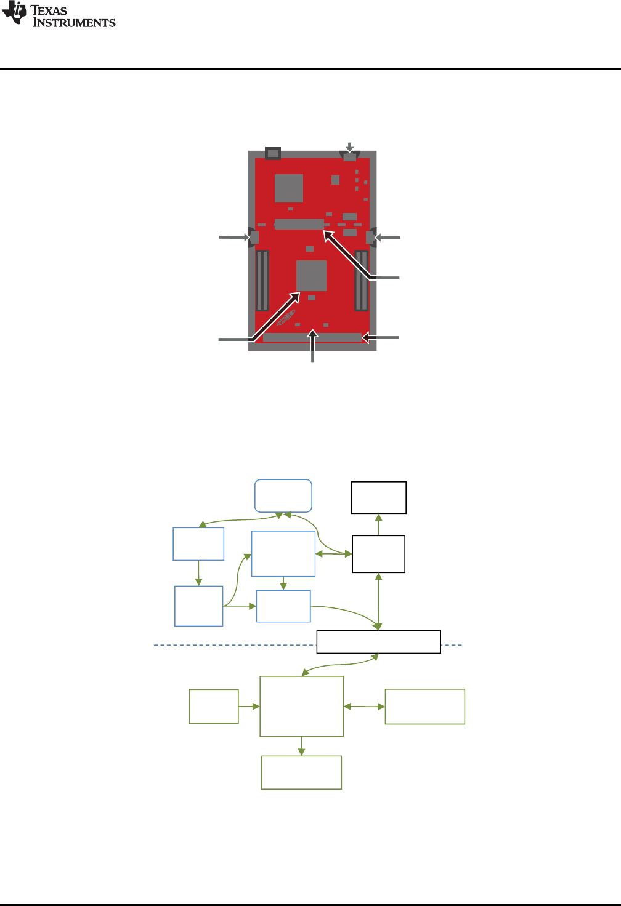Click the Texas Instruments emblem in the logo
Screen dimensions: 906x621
click(14, 14)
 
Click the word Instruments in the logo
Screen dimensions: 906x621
click(74, 23)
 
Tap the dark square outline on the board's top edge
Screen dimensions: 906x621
click(272, 153)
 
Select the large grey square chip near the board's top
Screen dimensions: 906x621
click(289, 188)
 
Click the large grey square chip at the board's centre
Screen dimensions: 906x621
click(311, 275)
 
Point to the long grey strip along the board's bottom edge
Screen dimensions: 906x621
click(312, 337)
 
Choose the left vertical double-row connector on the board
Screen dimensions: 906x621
click(262, 280)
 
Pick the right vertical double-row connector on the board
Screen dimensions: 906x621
click(361, 280)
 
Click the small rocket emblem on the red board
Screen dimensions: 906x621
click(286, 318)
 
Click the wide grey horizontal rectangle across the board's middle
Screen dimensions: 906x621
click(299, 224)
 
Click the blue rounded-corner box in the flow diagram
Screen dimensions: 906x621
click(283, 495)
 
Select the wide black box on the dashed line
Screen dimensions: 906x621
click(378, 641)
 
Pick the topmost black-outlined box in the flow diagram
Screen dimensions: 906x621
click(378, 497)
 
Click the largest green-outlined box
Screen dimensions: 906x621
click(301, 706)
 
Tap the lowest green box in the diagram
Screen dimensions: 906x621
click(301, 772)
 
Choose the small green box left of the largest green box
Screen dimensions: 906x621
click(214, 706)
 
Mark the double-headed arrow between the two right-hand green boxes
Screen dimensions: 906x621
click(364, 707)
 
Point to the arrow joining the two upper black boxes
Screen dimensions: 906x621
click(379, 524)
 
